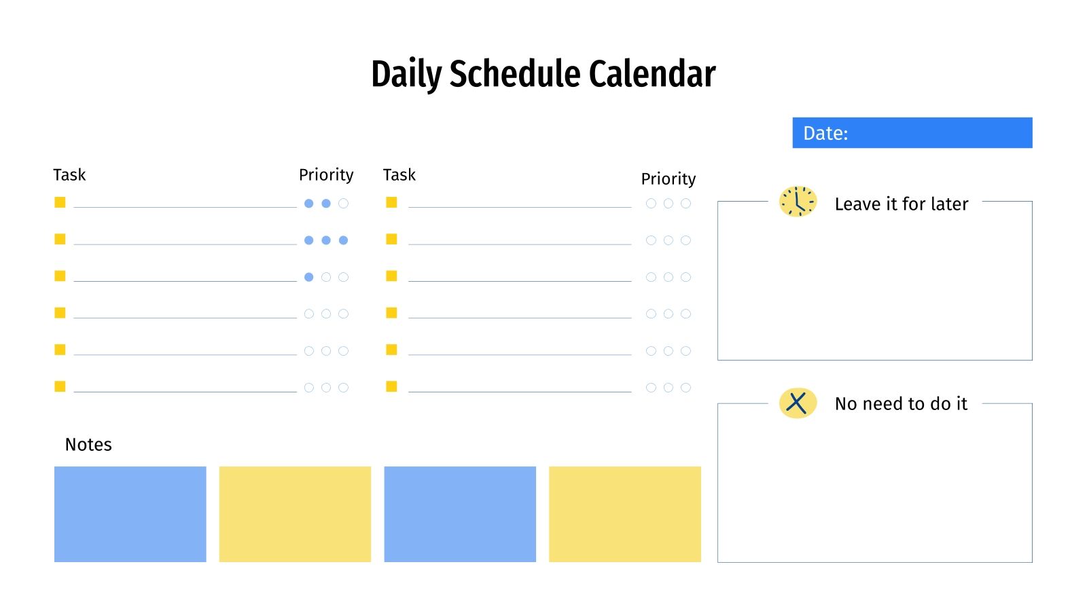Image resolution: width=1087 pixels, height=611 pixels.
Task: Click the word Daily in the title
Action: [406, 74]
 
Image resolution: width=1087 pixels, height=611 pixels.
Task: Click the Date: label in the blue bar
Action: [825, 133]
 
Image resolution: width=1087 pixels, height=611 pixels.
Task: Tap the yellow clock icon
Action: [798, 202]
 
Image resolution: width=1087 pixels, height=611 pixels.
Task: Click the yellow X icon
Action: [798, 403]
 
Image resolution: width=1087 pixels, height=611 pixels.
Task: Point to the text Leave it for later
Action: [902, 204]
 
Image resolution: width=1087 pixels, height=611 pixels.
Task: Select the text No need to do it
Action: [901, 404]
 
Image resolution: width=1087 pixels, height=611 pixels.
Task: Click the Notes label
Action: [88, 445]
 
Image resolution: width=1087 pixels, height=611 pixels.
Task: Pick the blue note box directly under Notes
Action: [130, 514]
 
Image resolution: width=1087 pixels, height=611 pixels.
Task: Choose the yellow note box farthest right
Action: [624, 514]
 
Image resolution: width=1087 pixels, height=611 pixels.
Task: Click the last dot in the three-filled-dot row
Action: [343, 240]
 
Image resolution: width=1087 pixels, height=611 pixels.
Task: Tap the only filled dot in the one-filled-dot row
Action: [309, 277]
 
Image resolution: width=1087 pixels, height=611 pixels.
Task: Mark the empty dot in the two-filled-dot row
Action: [343, 204]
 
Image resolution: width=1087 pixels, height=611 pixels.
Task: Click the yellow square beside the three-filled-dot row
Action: [60, 239]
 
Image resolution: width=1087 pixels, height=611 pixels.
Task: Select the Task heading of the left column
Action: [69, 175]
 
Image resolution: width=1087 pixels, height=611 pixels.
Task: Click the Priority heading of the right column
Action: [669, 179]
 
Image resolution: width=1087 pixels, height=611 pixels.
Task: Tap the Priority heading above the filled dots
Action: [326, 175]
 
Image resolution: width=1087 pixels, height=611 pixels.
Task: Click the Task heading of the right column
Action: [399, 175]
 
